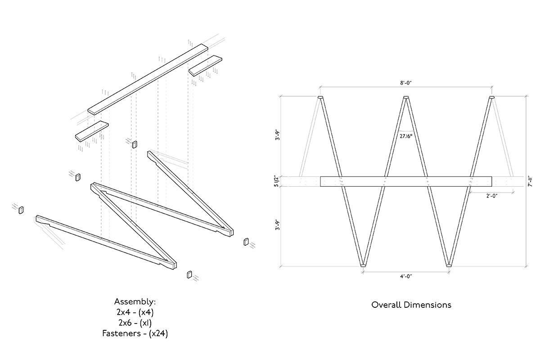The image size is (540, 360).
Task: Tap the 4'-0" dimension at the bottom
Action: pyautogui.click(x=405, y=276)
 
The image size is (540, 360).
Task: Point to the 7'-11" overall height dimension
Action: pyautogui.click(x=531, y=181)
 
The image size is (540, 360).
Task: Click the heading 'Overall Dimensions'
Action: pyautogui.click(x=411, y=305)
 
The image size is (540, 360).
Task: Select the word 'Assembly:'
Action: pyautogui.click(x=135, y=301)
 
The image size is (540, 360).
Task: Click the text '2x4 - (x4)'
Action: pyautogui.click(x=135, y=312)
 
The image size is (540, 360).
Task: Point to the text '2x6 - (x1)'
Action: pyautogui.click(x=135, y=323)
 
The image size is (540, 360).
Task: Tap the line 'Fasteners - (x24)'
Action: pyautogui.click(x=135, y=333)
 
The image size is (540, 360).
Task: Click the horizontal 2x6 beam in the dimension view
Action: pyautogui.click(x=405, y=181)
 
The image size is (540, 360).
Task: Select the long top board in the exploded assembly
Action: pyautogui.click(x=148, y=79)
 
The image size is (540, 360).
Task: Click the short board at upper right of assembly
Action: pyautogui.click(x=206, y=65)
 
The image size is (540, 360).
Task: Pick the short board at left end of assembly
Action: pyautogui.click(x=92, y=130)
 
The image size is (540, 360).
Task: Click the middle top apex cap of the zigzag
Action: pyautogui.click(x=406, y=98)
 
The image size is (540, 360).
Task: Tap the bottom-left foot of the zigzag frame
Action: pyautogui.click(x=363, y=265)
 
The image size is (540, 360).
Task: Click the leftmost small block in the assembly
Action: pyautogui.click(x=21, y=210)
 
